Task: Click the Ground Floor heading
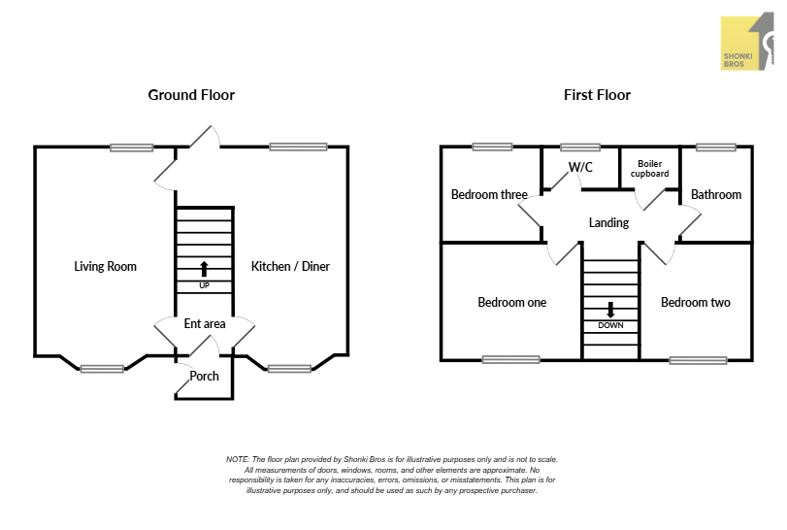(191, 95)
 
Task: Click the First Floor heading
(597, 95)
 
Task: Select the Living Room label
(105, 266)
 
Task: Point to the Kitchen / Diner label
(290, 266)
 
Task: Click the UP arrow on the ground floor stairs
(204, 268)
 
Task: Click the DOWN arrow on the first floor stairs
(611, 311)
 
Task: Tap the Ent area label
(205, 323)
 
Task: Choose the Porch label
(205, 376)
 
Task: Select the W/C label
(580, 167)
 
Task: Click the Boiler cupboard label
(650, 169)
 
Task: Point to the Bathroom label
(716, 194)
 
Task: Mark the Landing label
(608, 222)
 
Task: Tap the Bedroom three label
(489, 194)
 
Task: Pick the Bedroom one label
(511, 302)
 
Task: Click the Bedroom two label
(696, 302)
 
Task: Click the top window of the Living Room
(131, 148)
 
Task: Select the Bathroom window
(715, 148)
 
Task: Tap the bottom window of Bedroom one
(510, 359)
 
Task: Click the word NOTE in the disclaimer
(237, 459)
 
